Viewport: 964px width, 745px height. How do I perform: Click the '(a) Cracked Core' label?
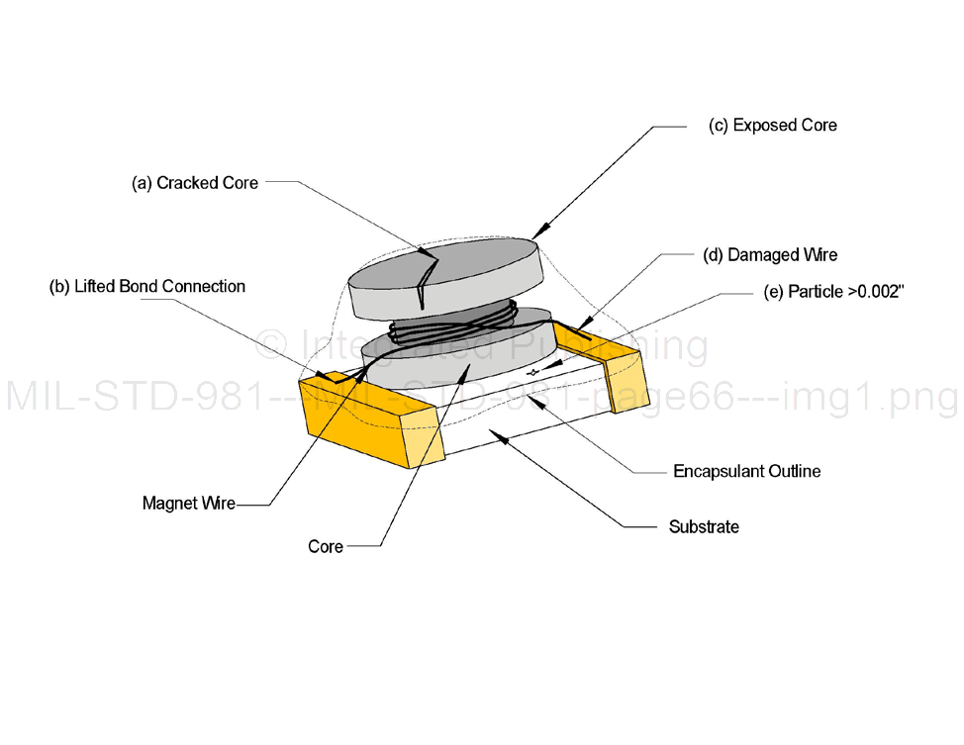click(195, 183)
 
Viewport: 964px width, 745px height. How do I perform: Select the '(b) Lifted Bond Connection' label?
click(147, 287)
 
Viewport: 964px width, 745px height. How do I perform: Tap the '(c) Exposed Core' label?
click(773, 126)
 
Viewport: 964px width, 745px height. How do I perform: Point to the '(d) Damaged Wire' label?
click(770, 255)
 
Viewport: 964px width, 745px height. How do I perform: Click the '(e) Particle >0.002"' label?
click(833, 292)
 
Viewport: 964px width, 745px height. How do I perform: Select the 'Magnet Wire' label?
click(189, 504)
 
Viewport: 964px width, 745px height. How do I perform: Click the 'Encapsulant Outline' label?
click(746, 471)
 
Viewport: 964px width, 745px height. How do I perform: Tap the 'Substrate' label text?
click(704, 527)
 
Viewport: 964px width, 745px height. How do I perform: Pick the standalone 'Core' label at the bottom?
click(326, 546)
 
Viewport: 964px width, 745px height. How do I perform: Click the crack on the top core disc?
click(427, 277)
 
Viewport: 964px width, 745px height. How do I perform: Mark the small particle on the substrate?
click(534, 372)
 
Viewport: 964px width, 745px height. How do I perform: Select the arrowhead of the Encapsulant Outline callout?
click(531, 398)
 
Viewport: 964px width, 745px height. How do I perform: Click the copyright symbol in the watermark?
click(269, 345)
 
